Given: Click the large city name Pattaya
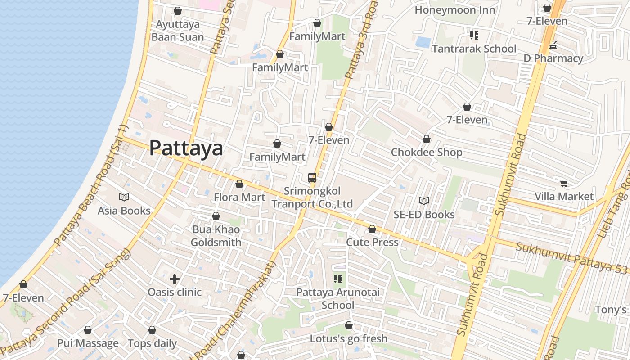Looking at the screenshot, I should click(x=186, y=148).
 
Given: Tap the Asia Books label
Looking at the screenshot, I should click(x=124, y=211).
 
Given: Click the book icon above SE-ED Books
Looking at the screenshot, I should click(x=423, y=201).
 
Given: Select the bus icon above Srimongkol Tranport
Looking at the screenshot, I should click(x=312, y=177).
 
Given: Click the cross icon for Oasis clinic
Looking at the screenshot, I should click(x=175, y=279).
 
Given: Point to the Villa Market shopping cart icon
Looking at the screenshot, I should click(x=564, y=183).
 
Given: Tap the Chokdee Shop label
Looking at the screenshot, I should click(x=426, y=152).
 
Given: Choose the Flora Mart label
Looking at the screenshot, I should click(x=239, y=197).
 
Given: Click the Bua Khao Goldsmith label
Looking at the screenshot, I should click(x=216, y=236).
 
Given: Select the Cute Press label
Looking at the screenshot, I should click(x=372, y=242).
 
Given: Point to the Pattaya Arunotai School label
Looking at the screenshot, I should click(x=338, y=299).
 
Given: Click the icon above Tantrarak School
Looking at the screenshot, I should click(x=474, y=35).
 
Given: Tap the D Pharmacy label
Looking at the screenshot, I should click(x=553, y=58).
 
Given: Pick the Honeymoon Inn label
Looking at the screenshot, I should click(x=454, y=10).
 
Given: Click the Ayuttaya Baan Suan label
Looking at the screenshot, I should click(x=178, y=31).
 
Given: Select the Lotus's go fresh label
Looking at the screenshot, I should click(x=349, y=338).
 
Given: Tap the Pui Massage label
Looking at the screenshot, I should click(x=88, y=343).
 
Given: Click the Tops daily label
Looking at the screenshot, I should click(x=152, y=343).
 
